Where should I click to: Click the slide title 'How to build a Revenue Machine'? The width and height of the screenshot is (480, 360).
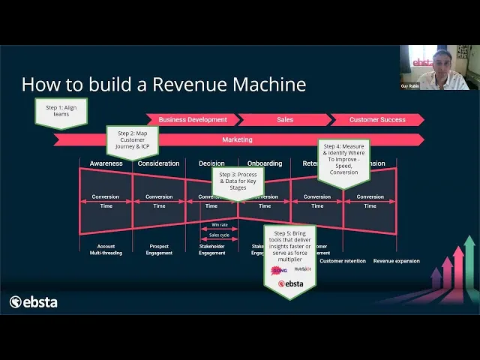[163, 84]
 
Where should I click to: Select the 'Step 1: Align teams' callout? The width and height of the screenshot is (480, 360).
[61, 112]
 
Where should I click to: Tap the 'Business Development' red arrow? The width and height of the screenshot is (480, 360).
[193, 120]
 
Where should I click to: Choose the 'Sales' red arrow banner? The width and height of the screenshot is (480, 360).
[285, 120]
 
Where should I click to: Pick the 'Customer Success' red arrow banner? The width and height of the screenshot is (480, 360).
[377, 120]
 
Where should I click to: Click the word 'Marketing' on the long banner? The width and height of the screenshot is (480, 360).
[237, 139]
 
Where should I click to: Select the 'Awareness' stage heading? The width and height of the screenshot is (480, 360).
[106, 163]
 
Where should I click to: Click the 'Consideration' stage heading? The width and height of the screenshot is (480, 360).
[159, 163]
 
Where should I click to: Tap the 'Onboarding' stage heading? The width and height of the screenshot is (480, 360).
[265, 163]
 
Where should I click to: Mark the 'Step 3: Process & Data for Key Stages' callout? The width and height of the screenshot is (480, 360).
[238, 181]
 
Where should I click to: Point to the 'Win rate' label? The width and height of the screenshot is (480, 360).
[220, 224]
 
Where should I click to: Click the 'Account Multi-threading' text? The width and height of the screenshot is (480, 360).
[106, 250]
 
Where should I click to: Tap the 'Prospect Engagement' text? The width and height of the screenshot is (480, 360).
[159, 250]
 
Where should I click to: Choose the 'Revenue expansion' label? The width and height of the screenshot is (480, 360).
[397, 261]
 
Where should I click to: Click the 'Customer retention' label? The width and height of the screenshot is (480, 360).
[343, 261]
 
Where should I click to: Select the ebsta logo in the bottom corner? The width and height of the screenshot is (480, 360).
[34, 302]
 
